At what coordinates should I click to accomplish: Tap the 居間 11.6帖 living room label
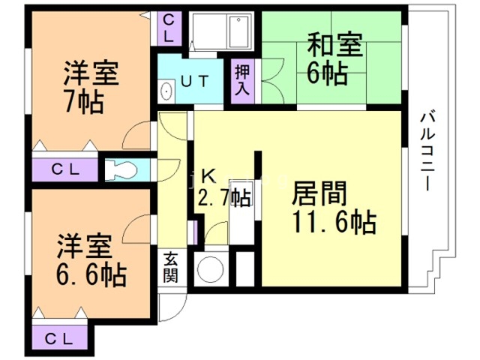point(330,208)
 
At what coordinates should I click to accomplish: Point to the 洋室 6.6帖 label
point(84,259)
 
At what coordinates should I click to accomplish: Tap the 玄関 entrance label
point(171,265)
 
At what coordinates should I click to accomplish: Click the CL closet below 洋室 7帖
point(64,169)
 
